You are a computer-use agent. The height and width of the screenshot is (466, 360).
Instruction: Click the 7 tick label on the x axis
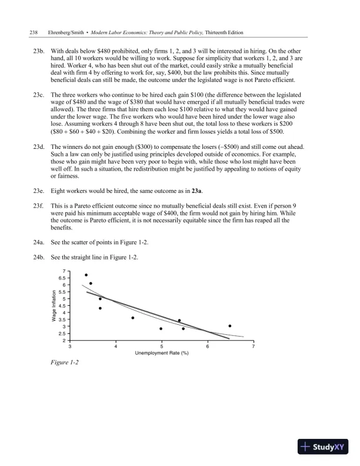pyautogui.click(x=253, y=347)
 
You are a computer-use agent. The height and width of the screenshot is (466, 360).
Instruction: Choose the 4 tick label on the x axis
pyautogui.click(x=116, y=347)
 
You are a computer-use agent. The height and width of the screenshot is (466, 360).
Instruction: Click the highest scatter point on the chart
pyautogui.click(x=86, y=275)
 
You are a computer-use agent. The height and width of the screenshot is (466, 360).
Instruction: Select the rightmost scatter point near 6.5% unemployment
pyautogui.click(x=230, y=326)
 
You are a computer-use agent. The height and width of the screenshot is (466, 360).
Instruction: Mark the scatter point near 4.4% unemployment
pyautogui.click(x=133, y=318)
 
